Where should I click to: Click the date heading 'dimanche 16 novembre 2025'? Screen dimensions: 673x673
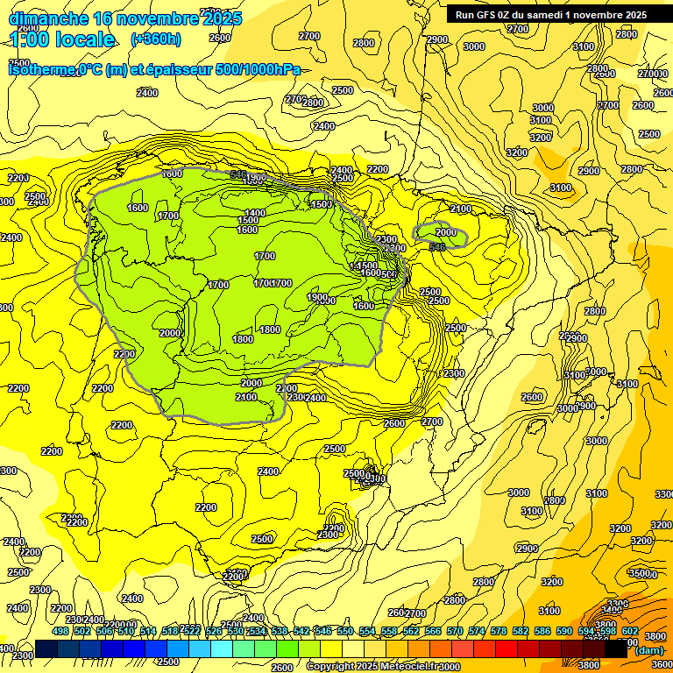point(124,18)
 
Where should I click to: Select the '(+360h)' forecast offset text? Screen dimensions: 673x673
point(156,39)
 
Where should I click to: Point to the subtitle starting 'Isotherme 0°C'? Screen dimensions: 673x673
point(154,69)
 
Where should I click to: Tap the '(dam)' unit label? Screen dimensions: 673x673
point(648,649)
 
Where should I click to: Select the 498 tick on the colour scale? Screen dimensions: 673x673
point(60,631)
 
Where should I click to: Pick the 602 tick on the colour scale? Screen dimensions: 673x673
point(629,631)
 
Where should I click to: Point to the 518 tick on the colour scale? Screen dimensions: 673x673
point(170,631)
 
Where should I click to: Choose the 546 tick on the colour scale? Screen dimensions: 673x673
point(322,631)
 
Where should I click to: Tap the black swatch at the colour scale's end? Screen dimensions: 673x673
point(616,648)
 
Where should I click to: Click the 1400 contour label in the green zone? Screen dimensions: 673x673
point(255,213)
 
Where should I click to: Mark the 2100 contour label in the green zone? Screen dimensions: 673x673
point(246,397)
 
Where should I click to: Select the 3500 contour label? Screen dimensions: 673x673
point(640,573)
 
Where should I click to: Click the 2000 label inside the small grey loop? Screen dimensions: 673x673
point(446,232)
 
